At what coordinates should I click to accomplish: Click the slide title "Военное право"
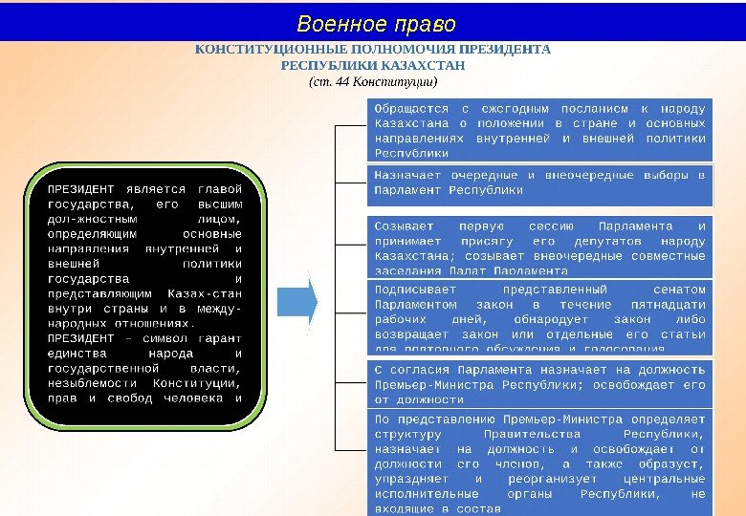pyautogui.click(x=376, y=23)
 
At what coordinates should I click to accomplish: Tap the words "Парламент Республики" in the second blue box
pyautogui.click(x=449, y=190)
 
